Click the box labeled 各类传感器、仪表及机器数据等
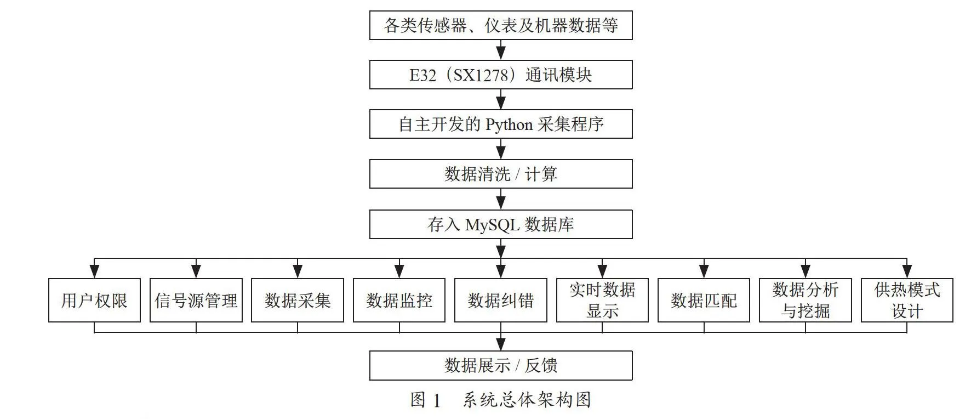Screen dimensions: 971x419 pyautogui.click(x=501, y=25)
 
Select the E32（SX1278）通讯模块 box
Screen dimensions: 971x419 pyautogui.click(x=501, y=75)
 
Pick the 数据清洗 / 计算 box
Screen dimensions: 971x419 pyautogui.click(x=501, y=174)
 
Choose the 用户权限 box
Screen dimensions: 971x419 pyautogui.click(x=94, y=300)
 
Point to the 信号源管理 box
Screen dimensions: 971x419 pyautogui.click(x=196, y=300)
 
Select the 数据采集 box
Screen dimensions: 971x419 pyautogui.click(x=298, y=300)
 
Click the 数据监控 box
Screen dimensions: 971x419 pyautogui.click(x=399, y=300)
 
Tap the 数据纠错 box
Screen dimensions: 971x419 pyautogui.click(x=501, y=300)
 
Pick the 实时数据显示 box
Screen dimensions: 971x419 pyautogui.click(x=602, y=300)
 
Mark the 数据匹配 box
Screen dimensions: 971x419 pyautogui.click(x=704, y=300)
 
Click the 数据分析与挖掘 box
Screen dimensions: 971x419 pyautogui.click(x=806, y=300)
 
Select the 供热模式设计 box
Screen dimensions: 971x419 pyautogui.click(x=907, y=300)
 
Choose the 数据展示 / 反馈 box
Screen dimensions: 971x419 pyautogui.click(x=501, y=365)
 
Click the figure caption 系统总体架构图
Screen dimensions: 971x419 pyautogui.click(x=527, y=400)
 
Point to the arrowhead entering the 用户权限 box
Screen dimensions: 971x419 pyautogui.click(x=94, y=271)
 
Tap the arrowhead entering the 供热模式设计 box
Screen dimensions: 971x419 pyautogui.click(x=907, y=271)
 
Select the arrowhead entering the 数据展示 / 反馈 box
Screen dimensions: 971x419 pyautogui.click(x=501, y=344)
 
